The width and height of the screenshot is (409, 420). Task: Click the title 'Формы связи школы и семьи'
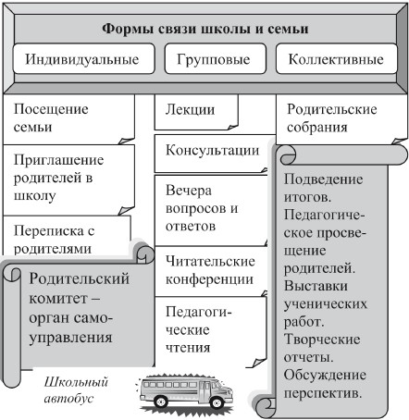click(x=205, y=29)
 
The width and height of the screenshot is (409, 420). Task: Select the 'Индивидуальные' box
click(x=83, y=58)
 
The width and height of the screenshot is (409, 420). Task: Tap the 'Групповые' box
click(x=215, y=58)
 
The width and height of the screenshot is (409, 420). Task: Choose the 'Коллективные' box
click(x=337, y=58)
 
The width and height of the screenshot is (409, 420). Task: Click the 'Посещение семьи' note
click(x=69, y=119)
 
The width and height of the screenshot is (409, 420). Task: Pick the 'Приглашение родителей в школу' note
click(x=69, y=179)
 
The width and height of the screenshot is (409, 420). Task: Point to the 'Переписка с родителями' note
click(x=67, y=236)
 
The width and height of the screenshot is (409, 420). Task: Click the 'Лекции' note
click(x=196, y=112)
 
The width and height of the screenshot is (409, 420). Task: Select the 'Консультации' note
click(x=212, y=154)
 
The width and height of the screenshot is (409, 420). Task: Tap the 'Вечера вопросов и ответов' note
click(x=211, y=210)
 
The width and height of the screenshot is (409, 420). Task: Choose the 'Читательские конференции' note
click(x=211, y=271)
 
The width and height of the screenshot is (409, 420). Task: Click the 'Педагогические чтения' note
click(x=210, y=332)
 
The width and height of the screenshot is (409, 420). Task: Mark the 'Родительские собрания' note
click(x=341, y=119)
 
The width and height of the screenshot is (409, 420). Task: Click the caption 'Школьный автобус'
click(x=76, y=390)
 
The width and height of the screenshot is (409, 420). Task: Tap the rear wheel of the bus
click(x=161, y=401)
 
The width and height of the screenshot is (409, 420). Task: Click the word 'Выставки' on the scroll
click(x=316, y=286)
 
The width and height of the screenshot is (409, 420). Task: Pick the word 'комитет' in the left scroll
click(x=58, y=299)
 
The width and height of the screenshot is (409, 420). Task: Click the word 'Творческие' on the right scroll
click(x=322, y=340)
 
